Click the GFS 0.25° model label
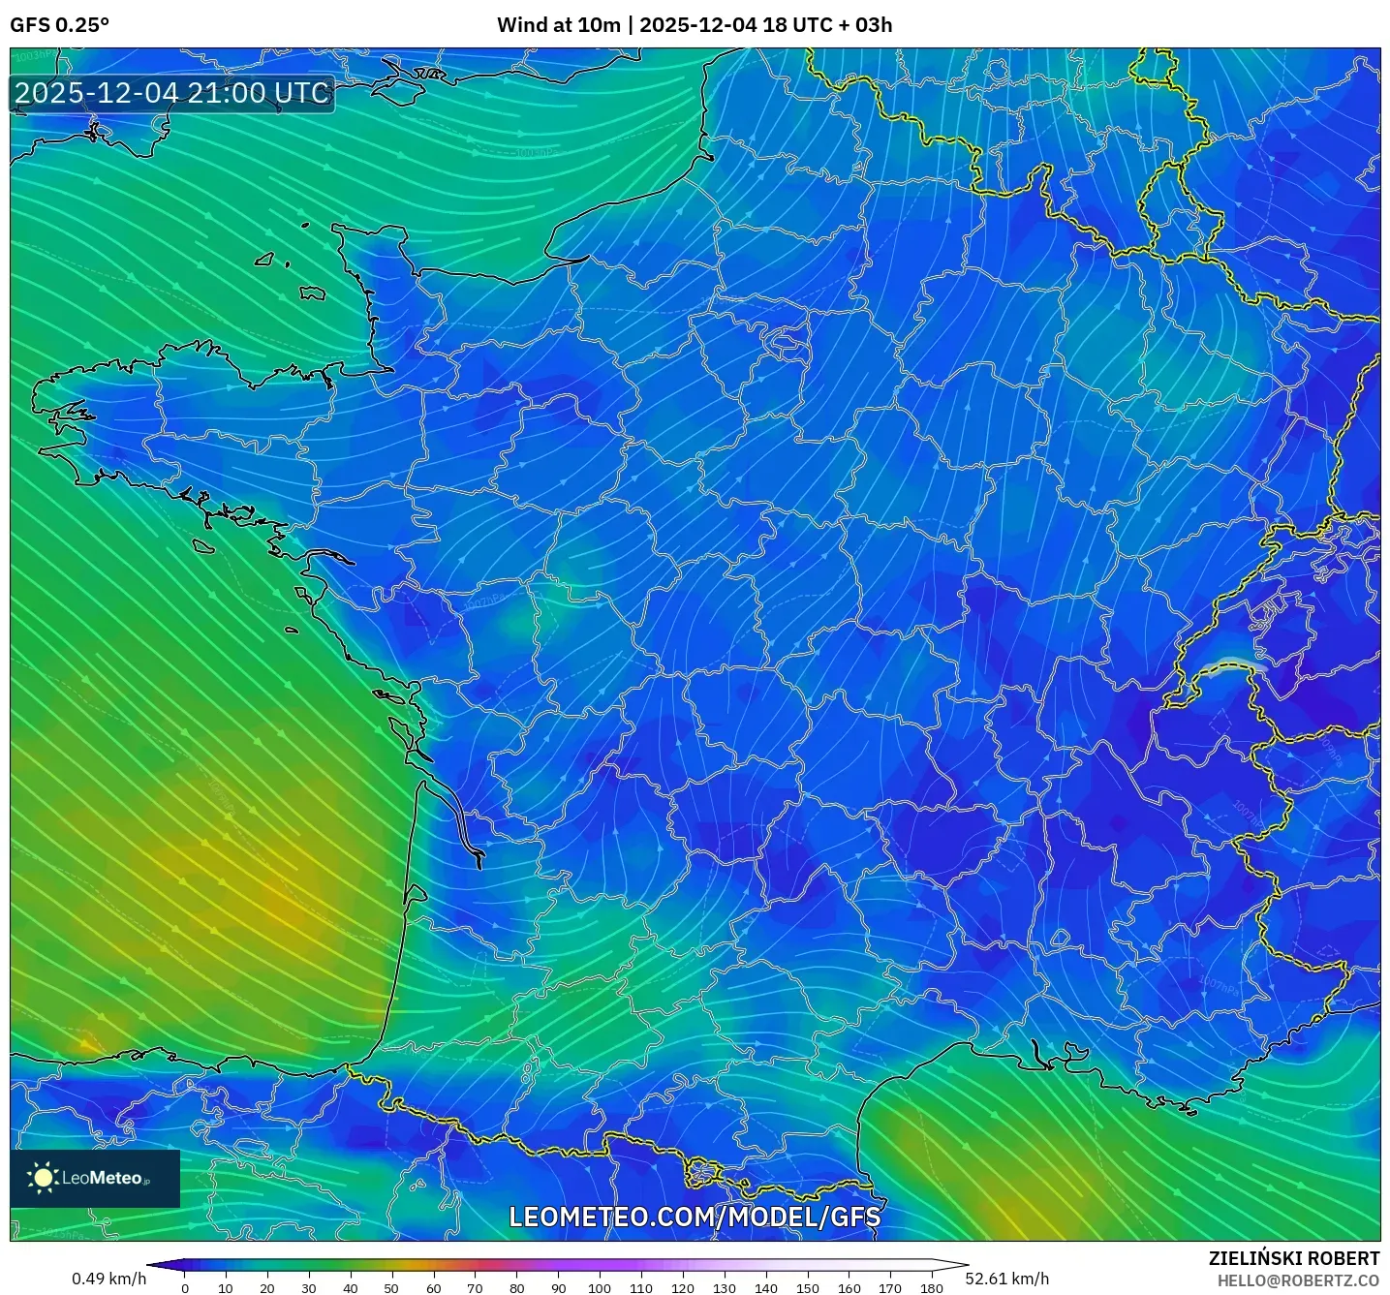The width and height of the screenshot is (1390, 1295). click(x=59, y=25)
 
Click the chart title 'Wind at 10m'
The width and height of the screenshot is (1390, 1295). click(x=558, y=25)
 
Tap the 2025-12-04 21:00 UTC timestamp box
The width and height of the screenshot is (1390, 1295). click(x=172, y=93)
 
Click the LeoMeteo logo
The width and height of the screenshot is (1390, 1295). click(x=95, y=1178)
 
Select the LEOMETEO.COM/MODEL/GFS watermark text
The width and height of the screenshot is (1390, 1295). click(x=695, y=1217)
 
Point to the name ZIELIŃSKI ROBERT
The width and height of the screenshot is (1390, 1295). click(x=1294, y=1258)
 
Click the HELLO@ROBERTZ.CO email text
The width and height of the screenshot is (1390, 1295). click(x=1298, y=1280)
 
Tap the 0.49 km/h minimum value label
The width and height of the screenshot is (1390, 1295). click(x=108, y=1279)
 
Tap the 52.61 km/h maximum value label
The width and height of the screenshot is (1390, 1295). click(x=1007, y=1279)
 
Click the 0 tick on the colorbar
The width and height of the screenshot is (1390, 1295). click(x=185, y=1287)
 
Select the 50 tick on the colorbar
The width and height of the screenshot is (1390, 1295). click(x=391, y=1287)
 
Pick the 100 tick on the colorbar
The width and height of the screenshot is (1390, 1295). click(x=600, y=1287)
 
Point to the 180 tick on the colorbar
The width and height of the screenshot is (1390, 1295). click(x=932, y=1287)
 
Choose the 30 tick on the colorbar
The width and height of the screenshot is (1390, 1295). click(x=309, y=1287)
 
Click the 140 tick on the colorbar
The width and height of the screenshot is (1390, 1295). click(x=765, y=1287)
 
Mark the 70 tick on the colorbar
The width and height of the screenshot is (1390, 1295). click(x=475, y=1287)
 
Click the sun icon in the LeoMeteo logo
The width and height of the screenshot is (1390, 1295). click(x=43, y=1177)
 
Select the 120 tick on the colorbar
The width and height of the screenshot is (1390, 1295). click(x=683, y=1287)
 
